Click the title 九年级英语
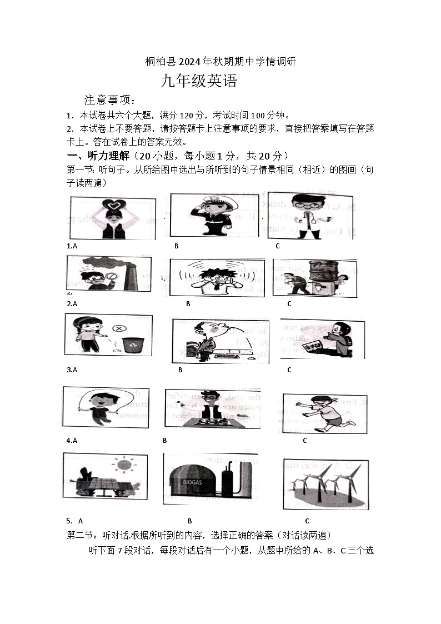click(x=198, y=82)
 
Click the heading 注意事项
click(x=109, y=100)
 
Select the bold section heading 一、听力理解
click(x=98, y=155)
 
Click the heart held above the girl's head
click(x=114, y=207)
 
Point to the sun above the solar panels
click(x=124, y=464)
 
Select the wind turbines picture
click(x=325, y=483)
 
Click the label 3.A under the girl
click(x=72, y=370)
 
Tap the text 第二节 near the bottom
click(x=79, y=536)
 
